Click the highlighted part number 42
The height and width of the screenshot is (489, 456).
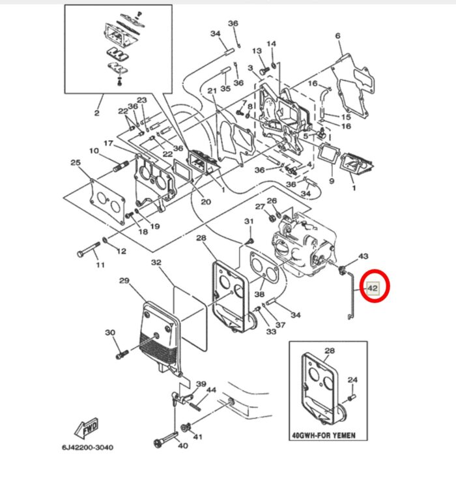(x=373, y=288)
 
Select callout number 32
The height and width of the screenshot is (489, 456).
(x=156, y=263)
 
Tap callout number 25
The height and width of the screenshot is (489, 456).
(x=76, y=162)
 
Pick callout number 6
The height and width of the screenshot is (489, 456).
(x=338, y=35)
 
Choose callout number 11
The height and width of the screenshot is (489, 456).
(x=100, y=265)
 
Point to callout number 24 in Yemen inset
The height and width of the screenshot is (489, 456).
(x=352, y=380)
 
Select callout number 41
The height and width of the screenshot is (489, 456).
(x=198, y=436)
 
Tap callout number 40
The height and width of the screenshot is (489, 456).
(x=182, y=446)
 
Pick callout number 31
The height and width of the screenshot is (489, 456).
(x=248, y=222)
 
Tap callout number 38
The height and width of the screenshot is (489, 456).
(x=259, y=294)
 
